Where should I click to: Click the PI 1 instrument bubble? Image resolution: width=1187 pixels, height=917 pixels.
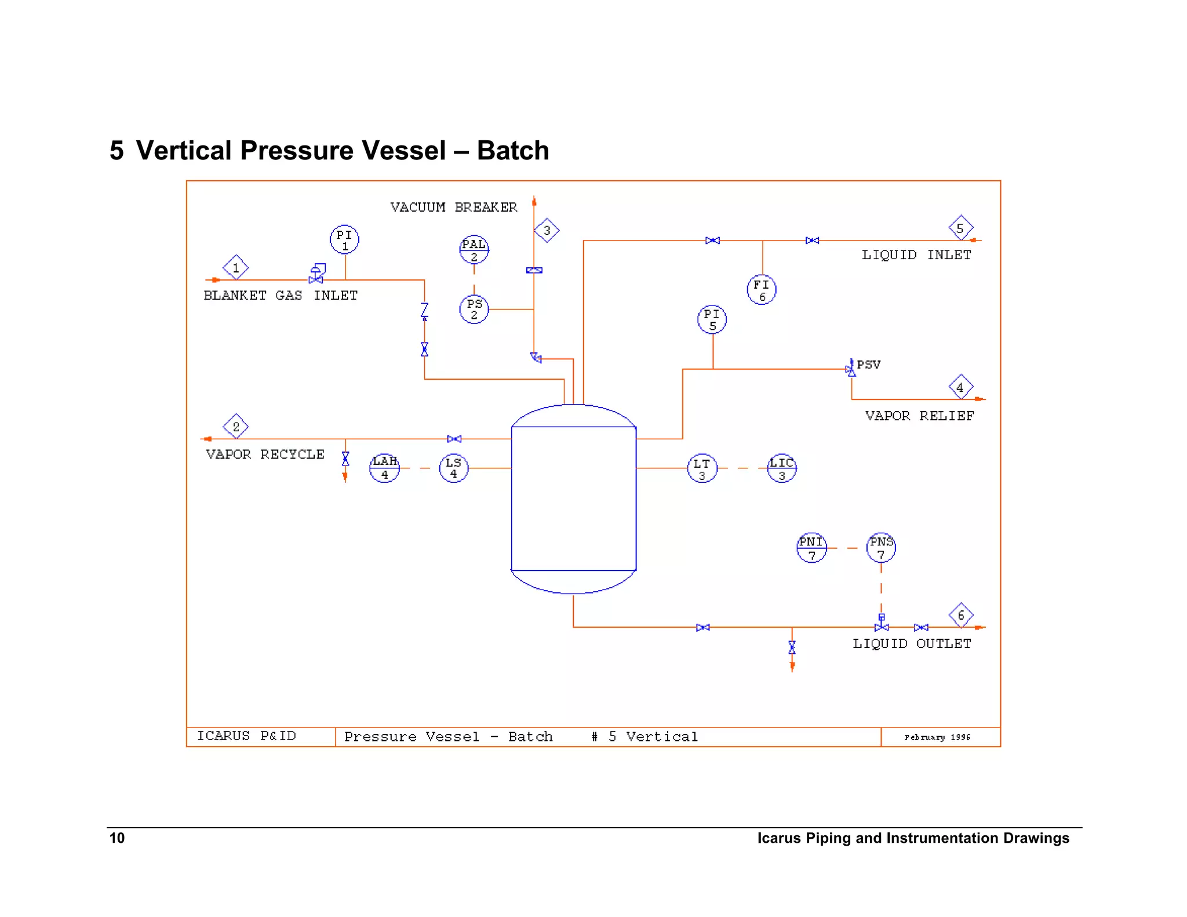point(344,239)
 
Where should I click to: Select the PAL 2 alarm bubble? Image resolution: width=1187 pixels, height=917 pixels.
point(474,250)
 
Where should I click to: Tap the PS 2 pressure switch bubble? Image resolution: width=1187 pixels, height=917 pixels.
point(474,309)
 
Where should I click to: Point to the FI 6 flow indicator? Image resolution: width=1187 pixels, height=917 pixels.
point(762,290)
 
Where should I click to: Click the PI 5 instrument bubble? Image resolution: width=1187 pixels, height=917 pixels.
point(712,319)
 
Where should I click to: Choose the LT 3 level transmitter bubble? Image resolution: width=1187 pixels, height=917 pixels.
point(702,468)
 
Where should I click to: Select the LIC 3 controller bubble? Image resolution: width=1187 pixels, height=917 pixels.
point(782,468)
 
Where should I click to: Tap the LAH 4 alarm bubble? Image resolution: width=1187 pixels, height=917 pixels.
point(385,468)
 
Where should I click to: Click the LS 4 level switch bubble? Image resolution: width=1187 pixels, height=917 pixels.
point(454,468)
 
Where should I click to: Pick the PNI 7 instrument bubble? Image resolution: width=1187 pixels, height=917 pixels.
point(811,548)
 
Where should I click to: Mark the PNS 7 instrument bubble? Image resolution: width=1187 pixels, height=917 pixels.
point(881,547)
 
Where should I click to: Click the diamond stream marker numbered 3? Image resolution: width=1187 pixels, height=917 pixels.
point(547,231)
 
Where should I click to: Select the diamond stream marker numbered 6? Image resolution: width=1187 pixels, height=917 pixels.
point(961,615)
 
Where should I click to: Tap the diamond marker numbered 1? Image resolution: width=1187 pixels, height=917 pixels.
point(235,268)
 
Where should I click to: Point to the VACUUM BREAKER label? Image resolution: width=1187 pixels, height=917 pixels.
point(453,208)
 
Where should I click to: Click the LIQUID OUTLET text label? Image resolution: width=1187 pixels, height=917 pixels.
point(911,643)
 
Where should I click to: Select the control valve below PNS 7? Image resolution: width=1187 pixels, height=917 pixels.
point(881,625)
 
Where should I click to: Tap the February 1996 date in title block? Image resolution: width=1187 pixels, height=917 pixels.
point(937,737)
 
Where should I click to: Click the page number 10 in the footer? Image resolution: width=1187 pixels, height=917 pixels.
point(117,838)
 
